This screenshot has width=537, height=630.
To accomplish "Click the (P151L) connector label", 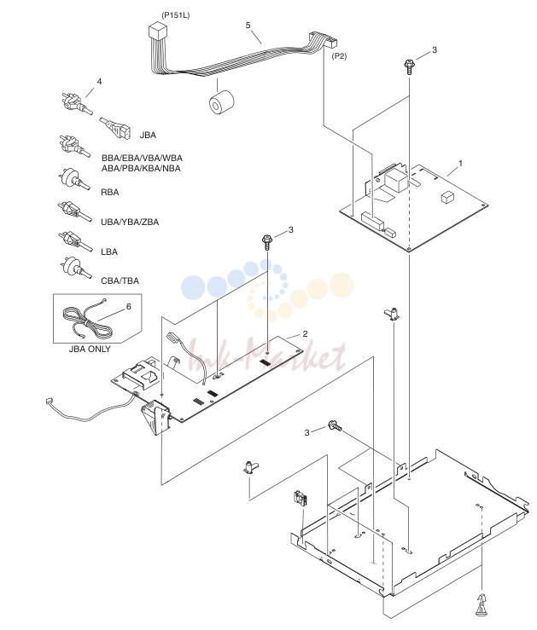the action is tap(175, 15).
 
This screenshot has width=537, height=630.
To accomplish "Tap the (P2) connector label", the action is tap(339, 56).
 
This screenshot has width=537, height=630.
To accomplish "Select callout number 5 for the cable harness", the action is tap(248, 26).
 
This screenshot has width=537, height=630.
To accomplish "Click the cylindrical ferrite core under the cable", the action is tap(221, 103).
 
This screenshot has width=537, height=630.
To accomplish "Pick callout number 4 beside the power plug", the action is tap(99, 82).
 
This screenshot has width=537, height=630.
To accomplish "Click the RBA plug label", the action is tap(110, 192).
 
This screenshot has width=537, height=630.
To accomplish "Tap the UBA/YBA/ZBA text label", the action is tap(130, 222).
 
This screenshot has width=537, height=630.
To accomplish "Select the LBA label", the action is tap(109, 252).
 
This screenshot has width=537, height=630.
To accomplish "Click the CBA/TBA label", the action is tap(120, 280).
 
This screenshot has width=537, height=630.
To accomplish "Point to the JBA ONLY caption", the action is tap(90, 349).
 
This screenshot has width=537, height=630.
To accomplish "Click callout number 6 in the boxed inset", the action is tap(129, 307).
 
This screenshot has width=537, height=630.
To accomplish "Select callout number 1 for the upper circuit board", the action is tap(460, 163).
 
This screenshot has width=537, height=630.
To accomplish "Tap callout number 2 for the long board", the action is tap(306, 333).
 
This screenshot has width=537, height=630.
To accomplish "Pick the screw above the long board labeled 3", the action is tap(267, 242).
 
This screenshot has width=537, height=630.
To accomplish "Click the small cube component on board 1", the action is tap(447, 197).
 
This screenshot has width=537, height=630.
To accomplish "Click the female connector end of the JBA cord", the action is tap(121, 130).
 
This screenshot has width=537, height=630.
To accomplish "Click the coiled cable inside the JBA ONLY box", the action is tap(86, 321).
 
